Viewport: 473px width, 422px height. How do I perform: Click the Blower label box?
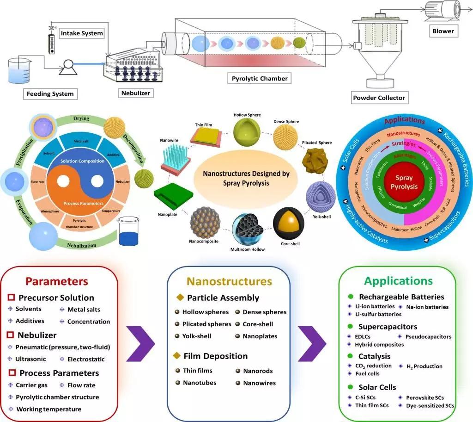[x=443, y=31]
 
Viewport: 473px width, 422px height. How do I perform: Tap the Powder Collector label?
[x=379, y=98]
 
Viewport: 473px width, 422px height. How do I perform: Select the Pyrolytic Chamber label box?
[x=260, y=78]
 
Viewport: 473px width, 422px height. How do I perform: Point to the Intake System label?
[x=81, y=33]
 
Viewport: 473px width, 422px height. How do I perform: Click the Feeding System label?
[x=50, y=94]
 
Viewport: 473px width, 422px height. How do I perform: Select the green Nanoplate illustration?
[x=172, y=197]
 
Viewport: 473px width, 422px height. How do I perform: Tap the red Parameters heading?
[x=56, y=281]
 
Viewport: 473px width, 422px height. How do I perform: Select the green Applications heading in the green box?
[x=398, y=281]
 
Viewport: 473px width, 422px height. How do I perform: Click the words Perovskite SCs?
[x=425, y=397]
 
